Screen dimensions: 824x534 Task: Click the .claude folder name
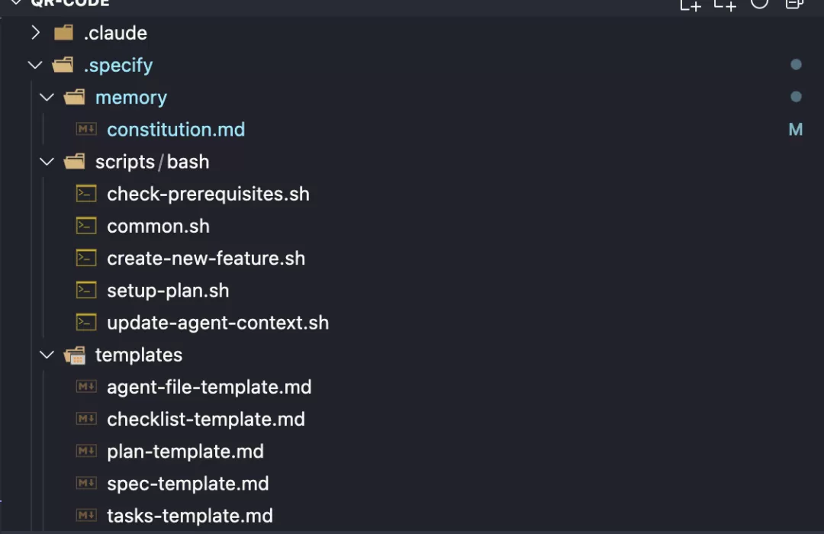pyautogui.click(x=116, y=33)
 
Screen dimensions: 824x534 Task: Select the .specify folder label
pyautogui.click(x=118, y=65)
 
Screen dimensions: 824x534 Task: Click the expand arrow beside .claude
pyautogui.click(x=35, y=33)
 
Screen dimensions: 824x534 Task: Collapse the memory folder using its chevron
pyautogui.click(x=47, y=97)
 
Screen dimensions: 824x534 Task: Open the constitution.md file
pyautogui.click(x=176, y=130)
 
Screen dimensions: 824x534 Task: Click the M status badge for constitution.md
pyautogui.click(x=796, y=129)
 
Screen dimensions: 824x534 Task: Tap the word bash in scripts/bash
pyautogui.click(x=188, y=162)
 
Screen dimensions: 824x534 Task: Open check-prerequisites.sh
pyautogui.click(x=208, y=195)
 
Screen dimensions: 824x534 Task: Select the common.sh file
pyautogui.click(x=158, y=227)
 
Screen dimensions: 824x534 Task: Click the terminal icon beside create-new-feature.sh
pyautogui.click(x=86, y=258)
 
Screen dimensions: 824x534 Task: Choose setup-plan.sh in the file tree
pyautogui.click(x=168, y=291)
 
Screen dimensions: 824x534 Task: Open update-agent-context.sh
pyautogui.click(x=218, y=323)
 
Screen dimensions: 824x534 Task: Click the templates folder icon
pyautogui.click(x=75, y=355)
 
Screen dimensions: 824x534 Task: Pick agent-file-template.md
pyautogui.click(x=209, y=388)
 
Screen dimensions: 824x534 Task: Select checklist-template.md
pyautogui.click(x=206, y=420)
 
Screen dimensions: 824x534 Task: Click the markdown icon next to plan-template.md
pyautogui.click(x=86, y=451)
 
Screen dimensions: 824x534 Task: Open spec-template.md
pyautogui.click(x=188, y=484)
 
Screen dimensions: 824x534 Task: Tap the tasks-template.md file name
pyautogui.click(x=190, y=516)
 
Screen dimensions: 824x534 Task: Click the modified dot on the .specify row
pyautogui.click(x=796, y=65)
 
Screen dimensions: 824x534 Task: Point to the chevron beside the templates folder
pyautogui.click(x=47, y=355)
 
